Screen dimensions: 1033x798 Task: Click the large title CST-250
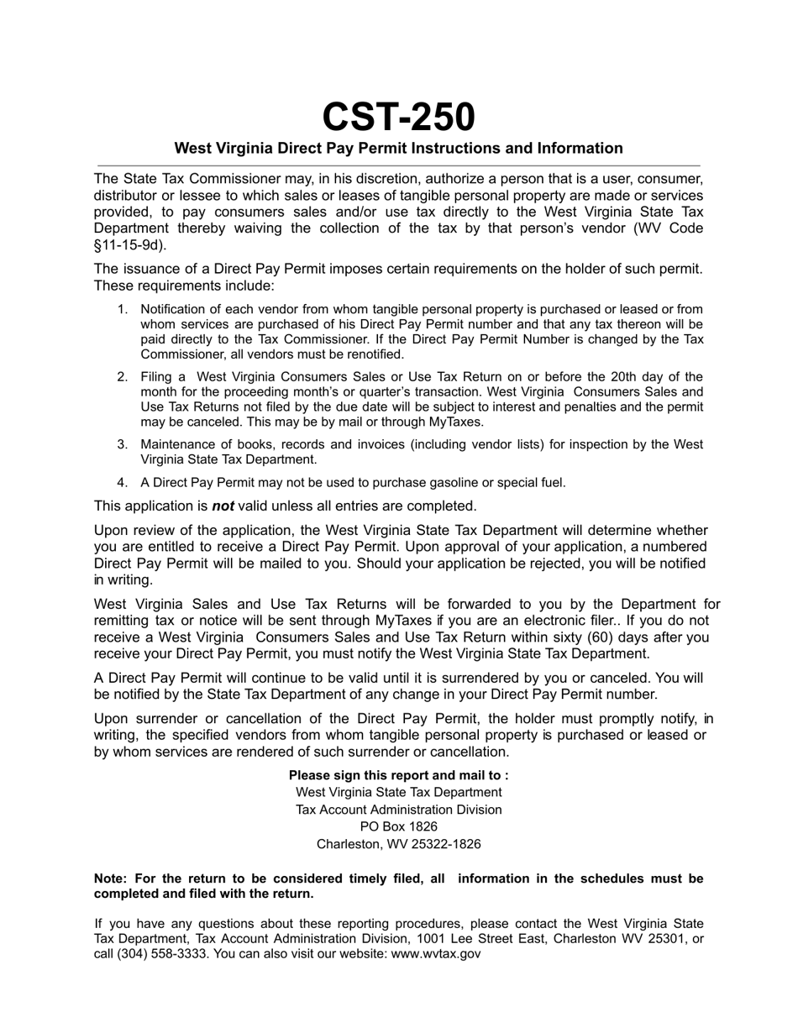[x=398, y=117]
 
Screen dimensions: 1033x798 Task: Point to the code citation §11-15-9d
[x=129, y=245]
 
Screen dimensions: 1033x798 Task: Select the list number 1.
[x=123, y=310]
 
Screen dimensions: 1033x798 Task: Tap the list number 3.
[x=123, y=444]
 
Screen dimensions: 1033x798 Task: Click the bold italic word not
[x=223, y=506]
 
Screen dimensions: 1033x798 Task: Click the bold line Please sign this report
[x=398, y=776]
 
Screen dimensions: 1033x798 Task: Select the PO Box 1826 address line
[x=398, y=827]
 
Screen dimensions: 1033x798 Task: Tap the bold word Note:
[x=110, y=879]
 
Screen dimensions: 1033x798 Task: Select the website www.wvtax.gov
[x=436, y=955]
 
